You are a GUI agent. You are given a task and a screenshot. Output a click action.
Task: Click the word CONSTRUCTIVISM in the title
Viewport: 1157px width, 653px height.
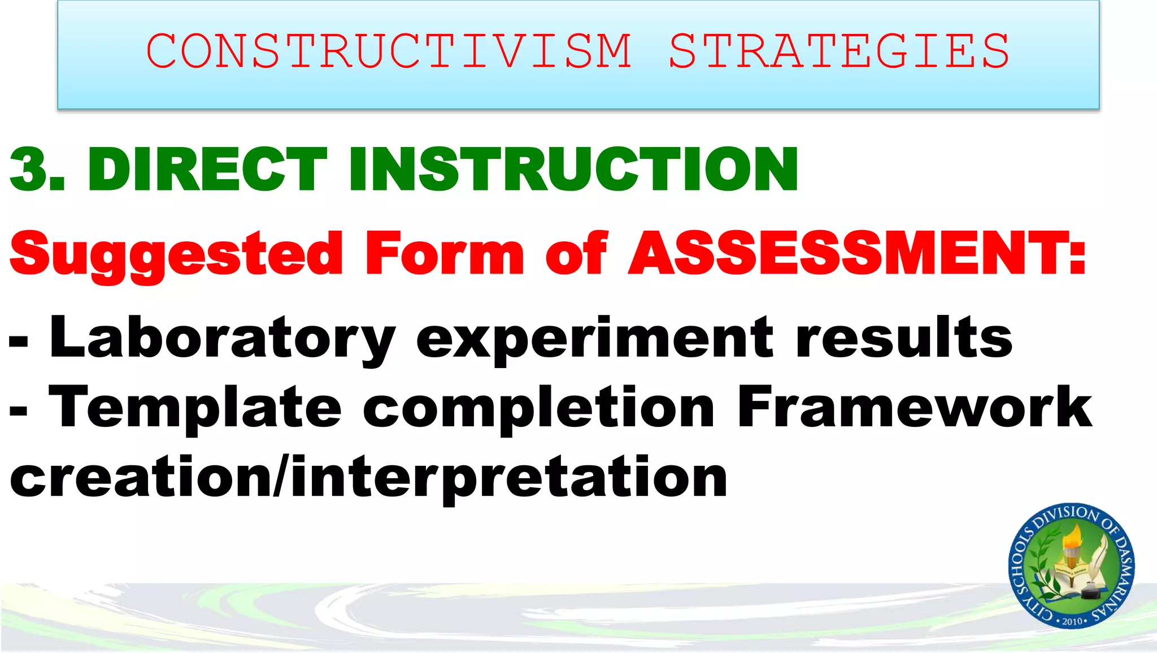[389, 51]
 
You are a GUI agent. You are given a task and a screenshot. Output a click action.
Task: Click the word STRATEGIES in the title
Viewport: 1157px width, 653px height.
[839, 51]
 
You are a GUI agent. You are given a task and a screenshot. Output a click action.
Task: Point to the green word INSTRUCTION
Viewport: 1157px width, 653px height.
[573, 168]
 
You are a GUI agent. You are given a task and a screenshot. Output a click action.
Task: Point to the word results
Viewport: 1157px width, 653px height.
[904, 338]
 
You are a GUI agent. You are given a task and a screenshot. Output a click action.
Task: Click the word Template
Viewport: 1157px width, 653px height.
[195, 408]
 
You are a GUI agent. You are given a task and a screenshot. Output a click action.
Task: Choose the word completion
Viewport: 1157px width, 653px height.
[539, 408]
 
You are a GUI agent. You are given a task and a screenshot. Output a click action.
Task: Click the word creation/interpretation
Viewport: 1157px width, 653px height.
[368, 478]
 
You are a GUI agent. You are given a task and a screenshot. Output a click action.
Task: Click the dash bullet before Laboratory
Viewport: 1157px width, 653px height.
[19, 341]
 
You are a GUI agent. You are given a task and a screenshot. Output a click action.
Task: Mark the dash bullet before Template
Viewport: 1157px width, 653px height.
[19, 411]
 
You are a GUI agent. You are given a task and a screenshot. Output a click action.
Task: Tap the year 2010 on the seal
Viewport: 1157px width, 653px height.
[1072, 621]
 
